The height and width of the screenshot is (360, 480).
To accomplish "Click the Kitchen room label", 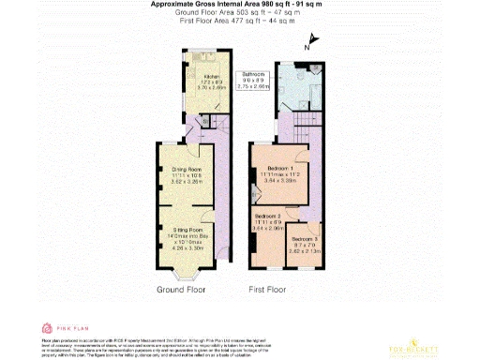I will [186, 75].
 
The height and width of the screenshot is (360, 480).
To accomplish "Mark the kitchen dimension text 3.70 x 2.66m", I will [186, 86].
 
